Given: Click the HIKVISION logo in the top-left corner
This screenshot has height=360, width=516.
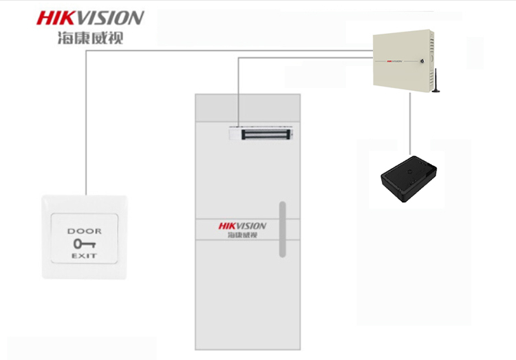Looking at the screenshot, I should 90,17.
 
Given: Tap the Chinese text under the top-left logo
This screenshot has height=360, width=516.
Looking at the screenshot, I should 90,37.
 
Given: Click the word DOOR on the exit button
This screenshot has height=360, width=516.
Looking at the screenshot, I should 84,231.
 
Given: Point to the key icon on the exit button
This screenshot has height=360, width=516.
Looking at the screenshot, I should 83,243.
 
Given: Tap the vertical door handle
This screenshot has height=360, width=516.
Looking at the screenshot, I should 281,229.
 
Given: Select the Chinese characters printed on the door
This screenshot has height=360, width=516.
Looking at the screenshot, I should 242,235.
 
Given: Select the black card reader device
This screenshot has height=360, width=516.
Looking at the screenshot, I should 409,178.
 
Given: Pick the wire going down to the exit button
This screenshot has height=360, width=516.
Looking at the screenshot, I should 86,124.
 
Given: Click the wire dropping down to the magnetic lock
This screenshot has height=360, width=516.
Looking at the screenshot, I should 239,89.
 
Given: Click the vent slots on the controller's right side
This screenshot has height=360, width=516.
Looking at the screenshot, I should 431,45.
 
